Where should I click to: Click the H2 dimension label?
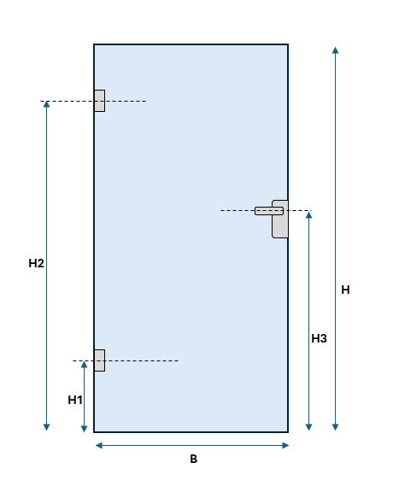(x=36, y=263)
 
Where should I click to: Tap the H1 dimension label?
(x=75, y=400)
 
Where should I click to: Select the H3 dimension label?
(x=319, y=338)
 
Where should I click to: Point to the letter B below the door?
(x=194, y=459)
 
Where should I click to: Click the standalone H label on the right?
(x=345, y=290)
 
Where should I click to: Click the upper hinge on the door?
(x=99, y=101)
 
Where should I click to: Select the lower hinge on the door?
(x=99, y=360)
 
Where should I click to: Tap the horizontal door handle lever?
(x=269, y=211)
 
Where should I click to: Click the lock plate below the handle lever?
(x=280, y=225)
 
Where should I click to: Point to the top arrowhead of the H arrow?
(x=335, y=50)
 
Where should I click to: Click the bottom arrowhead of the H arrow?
(x=335, y=427)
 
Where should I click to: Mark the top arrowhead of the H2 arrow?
(x=46, y=104)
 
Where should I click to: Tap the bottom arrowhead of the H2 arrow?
(x=46, y=427)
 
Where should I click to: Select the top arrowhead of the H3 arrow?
(x=309, y=215)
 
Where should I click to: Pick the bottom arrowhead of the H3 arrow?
(x=309, y=427)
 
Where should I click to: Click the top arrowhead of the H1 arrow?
(x=84, y=364)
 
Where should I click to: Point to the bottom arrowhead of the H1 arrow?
(x=84, y=428)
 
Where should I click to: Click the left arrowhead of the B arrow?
(x=99, y=445)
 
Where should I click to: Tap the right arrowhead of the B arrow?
(x=285, y=445)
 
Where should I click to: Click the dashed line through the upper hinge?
(x=93, y=101)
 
